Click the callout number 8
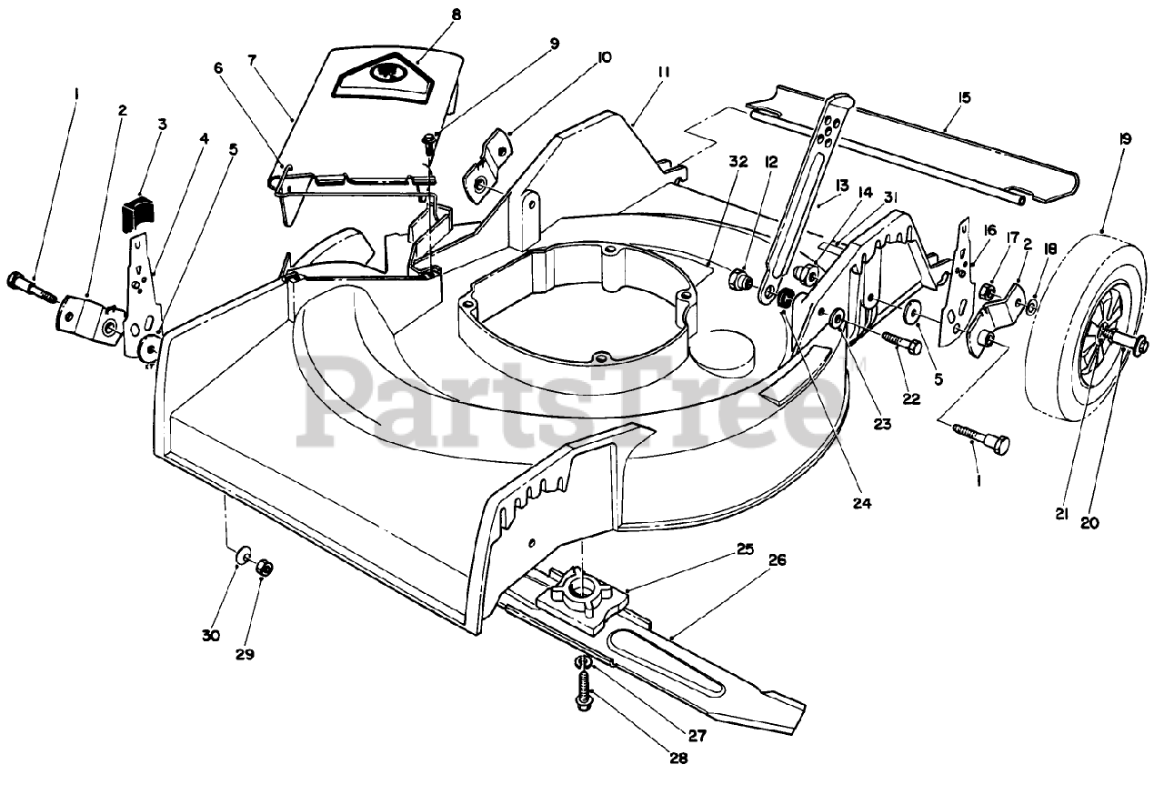pos(430,15)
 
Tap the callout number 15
pos(965,97)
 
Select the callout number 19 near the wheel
pos(1126,140)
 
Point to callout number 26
pos(777,560)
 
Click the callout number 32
pos(738,163)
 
